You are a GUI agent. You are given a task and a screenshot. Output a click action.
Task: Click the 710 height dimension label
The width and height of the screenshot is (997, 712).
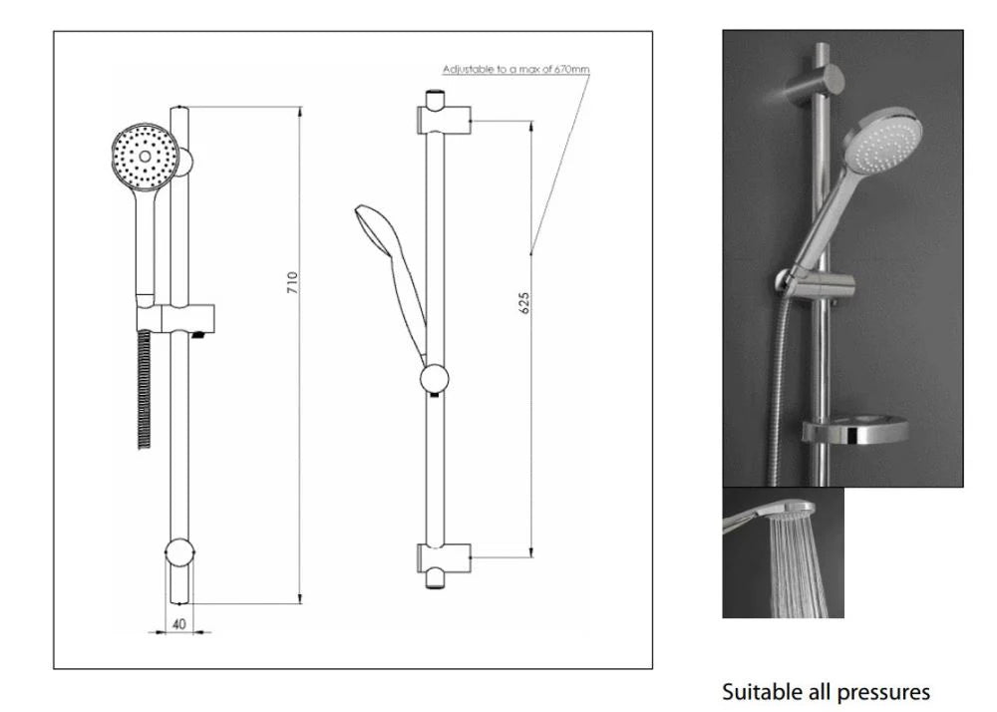click(x=292, y=282)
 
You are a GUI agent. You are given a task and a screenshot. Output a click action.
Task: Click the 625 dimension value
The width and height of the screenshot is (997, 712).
click(x=524, y=303)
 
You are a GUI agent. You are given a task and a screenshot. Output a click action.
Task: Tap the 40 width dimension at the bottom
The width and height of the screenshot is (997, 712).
click(x=179, y=624)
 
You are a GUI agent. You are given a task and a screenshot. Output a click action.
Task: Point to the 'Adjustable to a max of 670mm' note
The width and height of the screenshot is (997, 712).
click(x=515, y=69)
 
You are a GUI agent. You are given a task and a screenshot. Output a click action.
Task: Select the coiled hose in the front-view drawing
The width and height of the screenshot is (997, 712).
click(x=145, y=389)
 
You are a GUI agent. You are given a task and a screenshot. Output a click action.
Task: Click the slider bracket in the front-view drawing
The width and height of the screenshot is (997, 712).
click(x=175, y=318)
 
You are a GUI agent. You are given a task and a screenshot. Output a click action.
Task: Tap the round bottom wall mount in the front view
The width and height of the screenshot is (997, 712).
click(x=179, y=551)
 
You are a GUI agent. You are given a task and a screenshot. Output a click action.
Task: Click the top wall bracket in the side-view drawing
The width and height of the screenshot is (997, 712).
click(x=444, y=119)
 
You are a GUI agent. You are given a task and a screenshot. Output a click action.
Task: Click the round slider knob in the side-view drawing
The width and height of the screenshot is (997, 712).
click(x=435, y=379)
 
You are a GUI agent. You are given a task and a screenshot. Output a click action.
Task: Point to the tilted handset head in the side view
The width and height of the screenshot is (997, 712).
click(x=375, y=230)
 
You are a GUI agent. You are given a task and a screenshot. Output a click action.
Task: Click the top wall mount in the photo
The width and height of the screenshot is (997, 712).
click(x=814, y=84)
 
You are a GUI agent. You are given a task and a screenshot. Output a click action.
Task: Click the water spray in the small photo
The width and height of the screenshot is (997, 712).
click(x=799, y=565)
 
